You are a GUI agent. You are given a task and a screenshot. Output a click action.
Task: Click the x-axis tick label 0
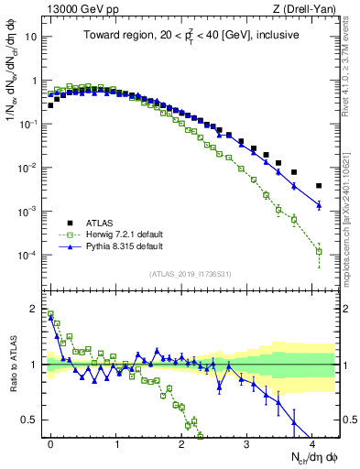50,442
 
